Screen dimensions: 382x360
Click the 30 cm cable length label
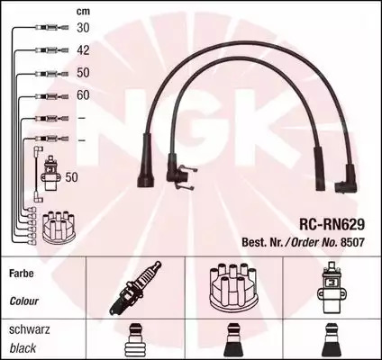click(x=83, y=28)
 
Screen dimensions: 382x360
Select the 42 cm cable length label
click(x=83, y=50)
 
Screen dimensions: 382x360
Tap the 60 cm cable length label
click(x=83, y=95)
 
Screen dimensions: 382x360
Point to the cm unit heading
click(x=83, y=12)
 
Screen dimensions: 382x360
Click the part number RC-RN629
click(x=332, y=224)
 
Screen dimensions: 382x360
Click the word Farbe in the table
click(x=22, y=274)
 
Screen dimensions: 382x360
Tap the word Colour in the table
click(x=24, y=301)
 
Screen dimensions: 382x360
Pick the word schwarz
click(x=30, y=329)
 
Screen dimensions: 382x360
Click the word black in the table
click(x=23, y=348)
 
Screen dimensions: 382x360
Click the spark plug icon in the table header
click(x=135, y=287)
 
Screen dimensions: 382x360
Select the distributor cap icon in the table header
click(x=232, y=286)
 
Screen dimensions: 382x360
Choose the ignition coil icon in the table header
click(x=332, y=287)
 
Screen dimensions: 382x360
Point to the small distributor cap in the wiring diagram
click(x=59, y=227)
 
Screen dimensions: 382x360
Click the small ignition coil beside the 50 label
click(x=50, y=173)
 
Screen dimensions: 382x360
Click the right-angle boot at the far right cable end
click(x=347, y=179)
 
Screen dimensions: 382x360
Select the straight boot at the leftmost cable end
click(x=146, y=160)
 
